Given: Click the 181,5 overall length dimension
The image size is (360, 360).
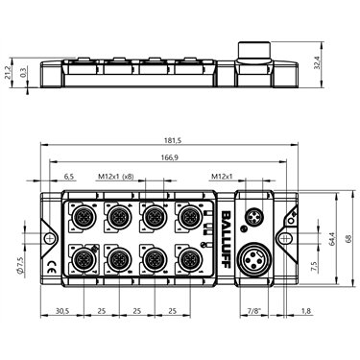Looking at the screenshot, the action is click(171, 140).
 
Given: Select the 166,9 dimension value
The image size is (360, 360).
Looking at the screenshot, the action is click(170, 157).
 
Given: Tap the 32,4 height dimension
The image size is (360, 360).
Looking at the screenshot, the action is click(317, 62).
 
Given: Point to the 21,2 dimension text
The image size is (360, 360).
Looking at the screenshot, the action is click(9, 73).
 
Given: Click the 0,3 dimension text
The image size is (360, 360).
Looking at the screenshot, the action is click(22, 72).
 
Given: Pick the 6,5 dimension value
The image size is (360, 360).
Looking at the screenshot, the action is click(68, 176).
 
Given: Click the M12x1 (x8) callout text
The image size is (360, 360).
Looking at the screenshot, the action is click(116, 176).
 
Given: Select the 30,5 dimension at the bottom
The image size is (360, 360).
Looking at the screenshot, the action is click(62, 310).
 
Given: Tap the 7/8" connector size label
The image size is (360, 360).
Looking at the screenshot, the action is click(254, 310).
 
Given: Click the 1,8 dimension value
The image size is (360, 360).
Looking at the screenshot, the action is click(306, 310).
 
